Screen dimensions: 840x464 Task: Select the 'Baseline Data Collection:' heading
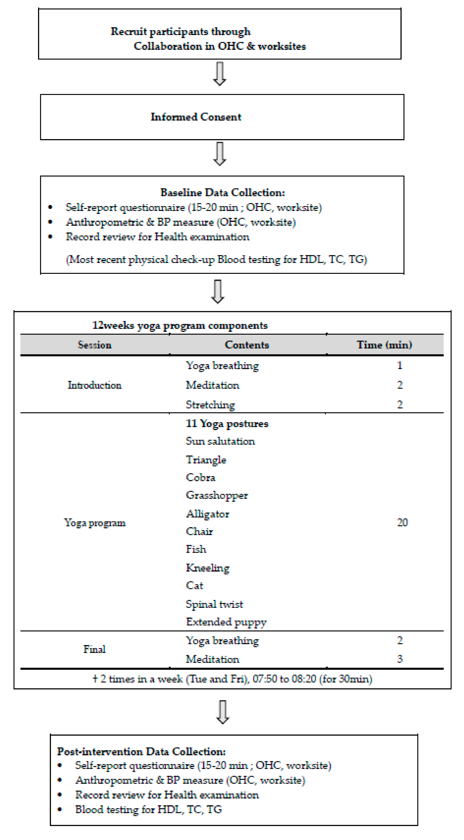222,192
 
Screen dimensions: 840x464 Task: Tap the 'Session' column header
95,345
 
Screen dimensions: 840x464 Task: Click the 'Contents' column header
247,345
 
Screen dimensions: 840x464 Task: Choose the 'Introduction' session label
95,385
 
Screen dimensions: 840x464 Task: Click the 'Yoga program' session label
95,523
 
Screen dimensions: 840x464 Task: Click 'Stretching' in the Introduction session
210,405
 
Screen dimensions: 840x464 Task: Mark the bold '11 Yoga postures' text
227,423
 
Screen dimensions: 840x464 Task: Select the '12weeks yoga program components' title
180,325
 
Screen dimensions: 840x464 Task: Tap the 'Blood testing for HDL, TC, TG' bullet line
148,809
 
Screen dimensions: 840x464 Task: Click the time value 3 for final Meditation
400,659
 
